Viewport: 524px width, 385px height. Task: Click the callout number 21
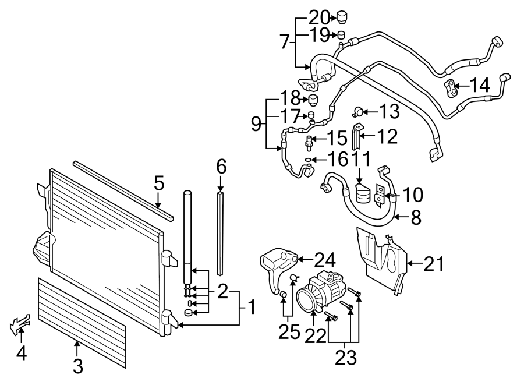434,264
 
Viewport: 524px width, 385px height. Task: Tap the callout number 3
77,366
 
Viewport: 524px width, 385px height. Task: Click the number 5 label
159,184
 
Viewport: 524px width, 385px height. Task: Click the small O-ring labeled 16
307,158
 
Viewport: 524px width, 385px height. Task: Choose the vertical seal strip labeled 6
221,233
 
